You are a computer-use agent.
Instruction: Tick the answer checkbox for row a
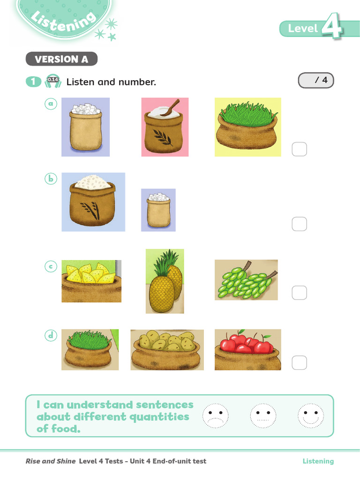[300, 149]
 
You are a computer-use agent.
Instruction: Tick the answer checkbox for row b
[300, 224]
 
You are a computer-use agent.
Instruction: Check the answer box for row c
[300, 292]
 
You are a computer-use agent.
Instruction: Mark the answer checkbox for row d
[300, 363]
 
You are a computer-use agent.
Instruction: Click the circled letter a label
[51, 104]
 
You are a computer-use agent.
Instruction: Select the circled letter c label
[51, 266]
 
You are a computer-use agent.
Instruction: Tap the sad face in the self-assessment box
[216, 416]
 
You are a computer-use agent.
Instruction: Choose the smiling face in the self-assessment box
[311, 416]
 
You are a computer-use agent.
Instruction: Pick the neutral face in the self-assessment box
[263, 416]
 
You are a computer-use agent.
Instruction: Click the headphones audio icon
[53, 81]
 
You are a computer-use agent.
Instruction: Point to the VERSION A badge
[61, 59]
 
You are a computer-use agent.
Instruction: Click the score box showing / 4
[316, 80]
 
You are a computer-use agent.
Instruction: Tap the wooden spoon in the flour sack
[171, 107]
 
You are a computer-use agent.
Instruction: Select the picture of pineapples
[165, 281]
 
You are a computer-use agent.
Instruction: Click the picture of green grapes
[246, 280]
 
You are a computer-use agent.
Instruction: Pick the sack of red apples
[247, 350]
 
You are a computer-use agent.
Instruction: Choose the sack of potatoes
[167, 350]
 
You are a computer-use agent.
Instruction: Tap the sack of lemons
[91, 281]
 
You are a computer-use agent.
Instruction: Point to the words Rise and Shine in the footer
[51, 461]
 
